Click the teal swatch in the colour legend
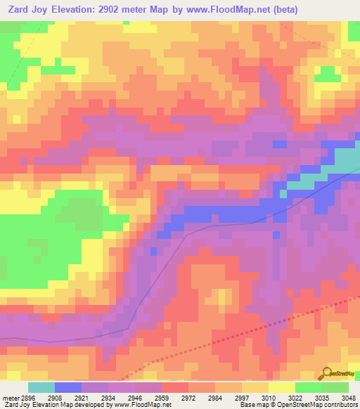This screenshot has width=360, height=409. [x=41, y=387]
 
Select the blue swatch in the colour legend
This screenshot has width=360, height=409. [x=68, y=387]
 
